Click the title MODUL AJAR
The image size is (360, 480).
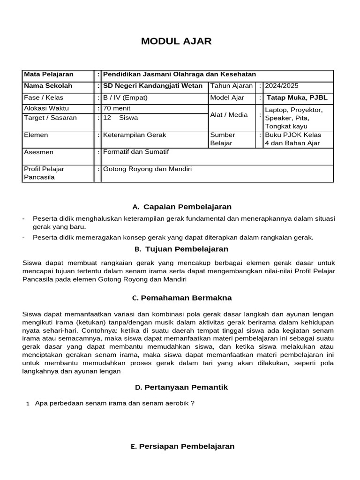click(176, 41)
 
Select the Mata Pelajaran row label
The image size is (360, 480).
click(48, 75)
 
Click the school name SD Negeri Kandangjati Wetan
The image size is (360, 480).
click(153, 86)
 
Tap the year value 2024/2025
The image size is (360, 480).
click(281, 86)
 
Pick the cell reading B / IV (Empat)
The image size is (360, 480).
click(125, 98)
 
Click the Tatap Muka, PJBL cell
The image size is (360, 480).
click(297, 98)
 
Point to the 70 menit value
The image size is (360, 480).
click(117, 109)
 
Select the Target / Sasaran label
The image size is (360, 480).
click(50, 118)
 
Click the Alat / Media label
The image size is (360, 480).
click(229, 115)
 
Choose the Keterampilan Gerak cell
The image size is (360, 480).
click(135, 135)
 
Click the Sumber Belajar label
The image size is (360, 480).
click(223, 139)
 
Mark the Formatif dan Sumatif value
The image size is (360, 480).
click(136, 152)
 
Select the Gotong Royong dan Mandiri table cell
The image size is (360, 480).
click(148, 169)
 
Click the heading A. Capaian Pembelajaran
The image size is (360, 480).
click(182, 207)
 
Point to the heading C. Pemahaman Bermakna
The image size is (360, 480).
click(182, 298)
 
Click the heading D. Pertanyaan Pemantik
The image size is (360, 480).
click(181, 387)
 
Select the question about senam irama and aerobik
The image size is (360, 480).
click(114, 403)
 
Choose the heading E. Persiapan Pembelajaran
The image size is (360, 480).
click(183, 446)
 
